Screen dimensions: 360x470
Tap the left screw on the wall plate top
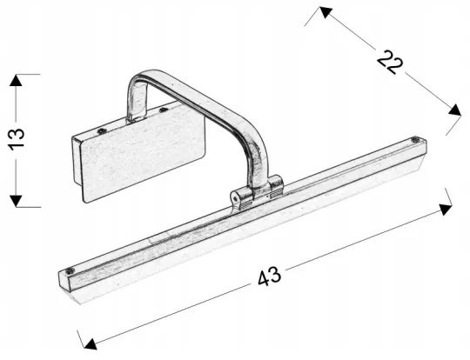point(103,131)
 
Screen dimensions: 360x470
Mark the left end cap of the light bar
point(68,282)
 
